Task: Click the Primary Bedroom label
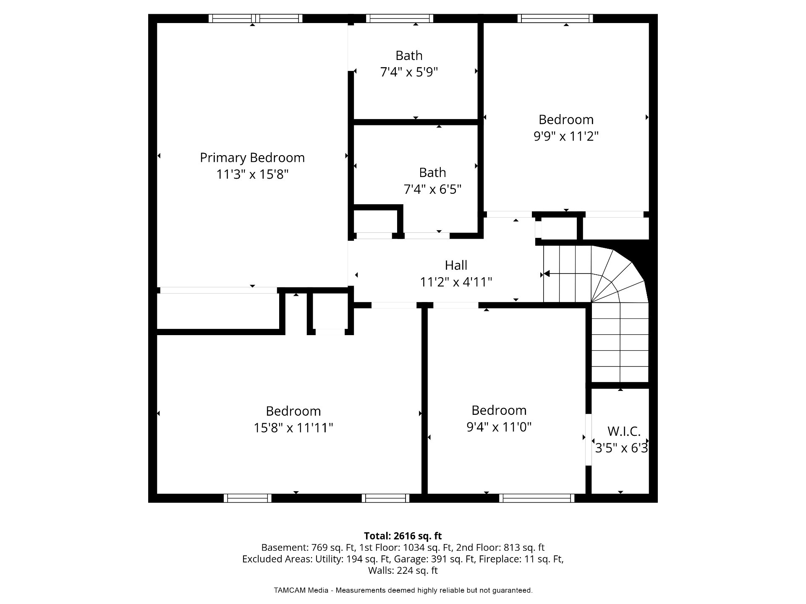coord(252,158)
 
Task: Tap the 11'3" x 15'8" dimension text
coord(252,174)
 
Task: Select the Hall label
coord(456,265)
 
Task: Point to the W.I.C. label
coord(624,431)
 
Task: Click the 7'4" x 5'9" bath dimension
coord(409,72)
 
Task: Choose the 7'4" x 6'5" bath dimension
coord(432,190)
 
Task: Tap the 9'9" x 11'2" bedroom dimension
coord(566,136)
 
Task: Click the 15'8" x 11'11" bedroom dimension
coord(293,428)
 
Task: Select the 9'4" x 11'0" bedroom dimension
coord(499,427)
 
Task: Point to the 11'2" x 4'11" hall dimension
coord(456,282)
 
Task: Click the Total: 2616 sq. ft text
coord(403,536)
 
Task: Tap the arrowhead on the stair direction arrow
coord(547,274)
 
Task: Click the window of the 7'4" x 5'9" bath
coord(399,18)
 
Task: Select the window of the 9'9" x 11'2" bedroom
coord(555,18)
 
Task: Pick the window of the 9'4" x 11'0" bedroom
coord(536,498)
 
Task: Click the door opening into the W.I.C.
coord(589,440)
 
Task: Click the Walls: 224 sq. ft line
coord(403,570)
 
